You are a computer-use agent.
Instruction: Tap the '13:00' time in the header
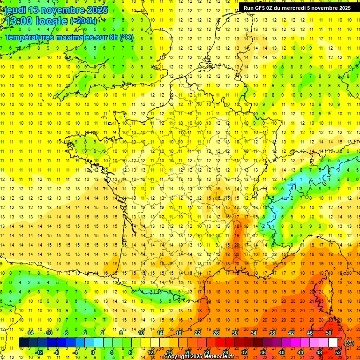tap(18, 21)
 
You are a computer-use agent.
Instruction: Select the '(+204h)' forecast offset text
tap(83, 21)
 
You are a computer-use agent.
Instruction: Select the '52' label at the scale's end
tap(337, 352)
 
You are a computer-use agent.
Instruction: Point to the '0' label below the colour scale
tap(93, 352)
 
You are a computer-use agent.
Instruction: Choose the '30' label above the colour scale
tap(235, 333)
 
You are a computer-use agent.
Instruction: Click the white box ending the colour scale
tap(333, 343)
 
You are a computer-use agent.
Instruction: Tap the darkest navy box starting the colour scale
tap(23, 343)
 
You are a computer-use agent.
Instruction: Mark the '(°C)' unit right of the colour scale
tap(349, 343)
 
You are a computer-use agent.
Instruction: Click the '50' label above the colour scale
tap(329, 333)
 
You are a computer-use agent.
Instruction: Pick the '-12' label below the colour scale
tap(39, 352)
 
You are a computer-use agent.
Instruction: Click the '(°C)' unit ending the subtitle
tap(126, 37)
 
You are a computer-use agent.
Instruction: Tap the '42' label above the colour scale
tap(291, 333)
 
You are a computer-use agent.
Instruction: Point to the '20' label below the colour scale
tap(187, 352)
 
